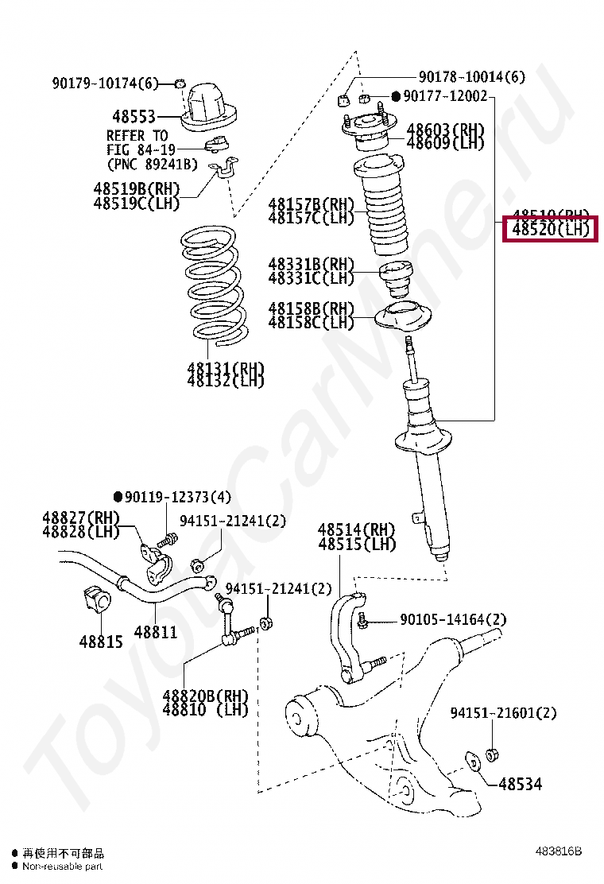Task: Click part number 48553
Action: (133, 116)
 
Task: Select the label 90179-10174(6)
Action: (106, 83)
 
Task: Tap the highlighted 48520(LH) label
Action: (552, 230)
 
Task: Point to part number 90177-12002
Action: (444, 97)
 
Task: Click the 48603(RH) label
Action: (445, 130)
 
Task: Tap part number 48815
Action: (101, 641)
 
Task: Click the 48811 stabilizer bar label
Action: (155, 632)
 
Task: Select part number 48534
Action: (521, 785)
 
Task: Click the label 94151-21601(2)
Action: (503, 713)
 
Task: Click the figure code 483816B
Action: (559, 851)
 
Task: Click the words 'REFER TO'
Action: (137, 136)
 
